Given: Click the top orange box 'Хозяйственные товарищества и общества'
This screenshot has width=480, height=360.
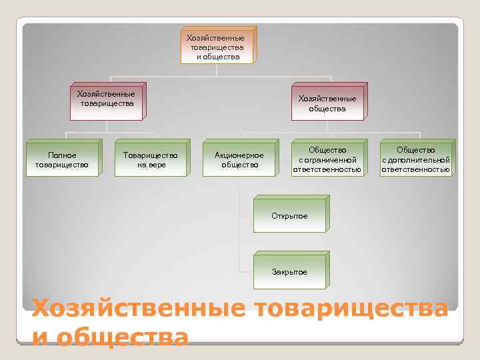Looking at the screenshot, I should (217, 47).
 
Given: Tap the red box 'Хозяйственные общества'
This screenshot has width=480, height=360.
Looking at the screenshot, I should (327, 104).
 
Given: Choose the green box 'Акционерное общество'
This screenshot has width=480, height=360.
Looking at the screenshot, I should (239, 160).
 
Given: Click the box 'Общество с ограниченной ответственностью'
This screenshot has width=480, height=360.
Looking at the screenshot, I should (327, 160).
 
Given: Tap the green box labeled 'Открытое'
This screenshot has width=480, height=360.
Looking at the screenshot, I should (289, 216).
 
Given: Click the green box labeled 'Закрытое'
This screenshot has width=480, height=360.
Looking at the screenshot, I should (289, 272).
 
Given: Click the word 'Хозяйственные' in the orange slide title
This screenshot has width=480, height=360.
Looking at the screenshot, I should (139, 310).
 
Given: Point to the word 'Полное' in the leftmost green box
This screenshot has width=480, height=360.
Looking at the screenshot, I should (61, 155).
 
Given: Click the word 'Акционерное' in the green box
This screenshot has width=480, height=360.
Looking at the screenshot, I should (239, 155).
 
